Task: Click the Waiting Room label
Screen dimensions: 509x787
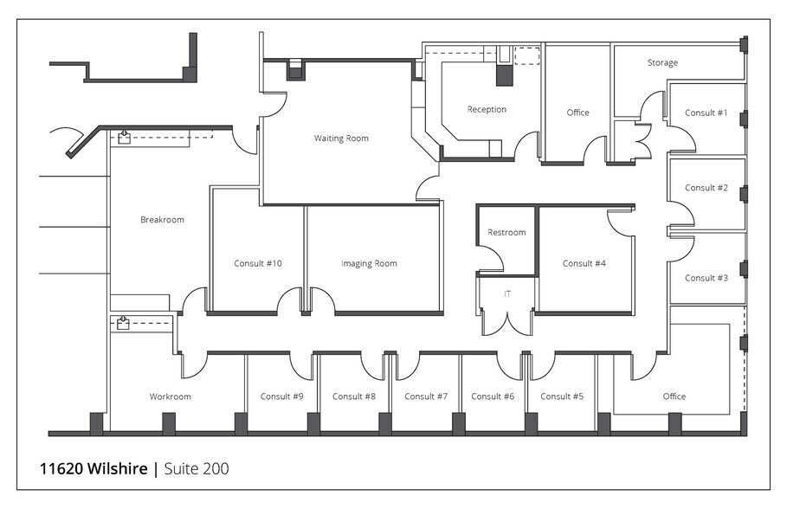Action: pos(340,139)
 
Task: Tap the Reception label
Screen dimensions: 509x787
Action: pos(487,110)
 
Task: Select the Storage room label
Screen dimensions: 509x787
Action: pos(662,63)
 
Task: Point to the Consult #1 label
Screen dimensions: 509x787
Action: pos(706,113)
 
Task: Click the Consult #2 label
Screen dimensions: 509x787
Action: pos(706,188)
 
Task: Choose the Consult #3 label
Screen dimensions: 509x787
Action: pos(706,278)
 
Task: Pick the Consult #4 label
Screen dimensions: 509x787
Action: pos(584,264)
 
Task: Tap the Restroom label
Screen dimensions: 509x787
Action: pos(506,233)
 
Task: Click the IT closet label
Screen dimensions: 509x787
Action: pos(507,294)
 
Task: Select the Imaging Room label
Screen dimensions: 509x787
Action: pos(369,264)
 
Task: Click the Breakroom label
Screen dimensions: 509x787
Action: pos(162,220)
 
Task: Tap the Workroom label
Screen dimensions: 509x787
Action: pos(170,397)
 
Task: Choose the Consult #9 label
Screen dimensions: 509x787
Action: pos(281,397)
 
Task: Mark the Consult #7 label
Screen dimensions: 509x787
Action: pos(426,397)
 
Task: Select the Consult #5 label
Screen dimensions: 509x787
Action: pos(562,397)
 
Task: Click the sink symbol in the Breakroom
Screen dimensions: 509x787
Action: pos(124,136)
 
